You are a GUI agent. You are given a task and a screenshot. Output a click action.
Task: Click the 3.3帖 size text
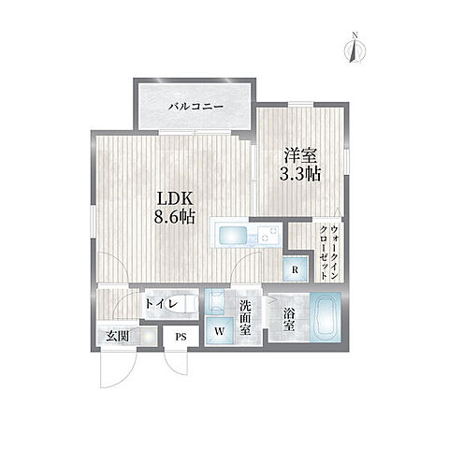299,175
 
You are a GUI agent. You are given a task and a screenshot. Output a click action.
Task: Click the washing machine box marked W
221,328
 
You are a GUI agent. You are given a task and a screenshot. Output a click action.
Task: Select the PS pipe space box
181,338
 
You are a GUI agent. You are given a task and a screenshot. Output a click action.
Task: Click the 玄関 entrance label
116,337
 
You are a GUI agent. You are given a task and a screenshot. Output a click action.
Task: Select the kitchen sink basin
229,236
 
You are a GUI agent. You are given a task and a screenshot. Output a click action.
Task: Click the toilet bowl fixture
185,304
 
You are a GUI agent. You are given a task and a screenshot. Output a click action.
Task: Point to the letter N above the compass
354,36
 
